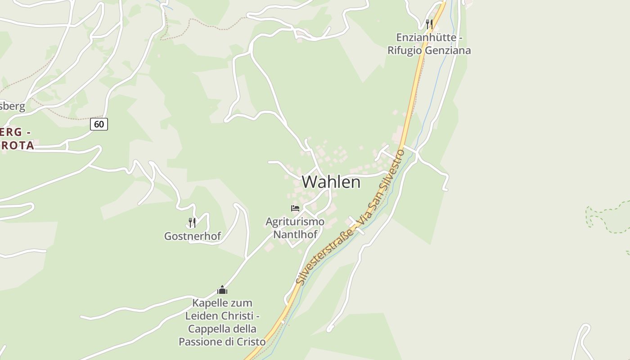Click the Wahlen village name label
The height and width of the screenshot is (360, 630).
(x=331, y=182)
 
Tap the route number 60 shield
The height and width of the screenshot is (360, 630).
(x=99, y=124)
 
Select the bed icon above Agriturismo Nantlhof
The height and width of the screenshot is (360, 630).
(x=295, y=208)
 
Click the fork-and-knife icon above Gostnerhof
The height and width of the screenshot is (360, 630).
(x=192, y=222)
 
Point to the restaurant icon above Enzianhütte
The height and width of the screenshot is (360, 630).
(x=429, y=24)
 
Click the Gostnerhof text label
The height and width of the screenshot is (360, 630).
(x=193, y=236)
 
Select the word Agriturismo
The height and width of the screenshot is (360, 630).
(x=295, y=221)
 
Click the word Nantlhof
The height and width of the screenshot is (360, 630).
(x=295, y=234)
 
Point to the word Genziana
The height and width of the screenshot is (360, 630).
(x=448, y=50)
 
